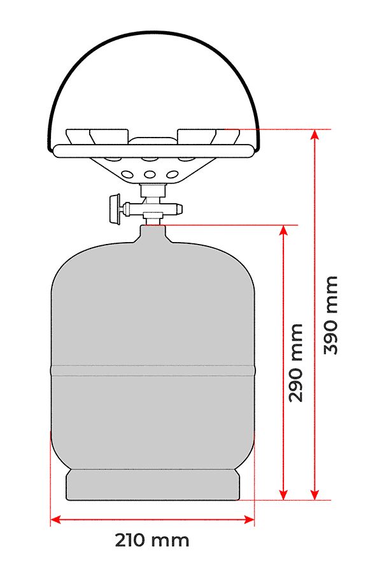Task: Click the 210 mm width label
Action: pyautogui.click(x=152, y=541)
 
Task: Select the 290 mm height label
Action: pyautogui.click(x=296, y=362)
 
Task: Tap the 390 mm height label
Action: pyautogui.click(x=330, y=315)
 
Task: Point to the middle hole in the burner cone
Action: pyautogui.click(x=151, y=174)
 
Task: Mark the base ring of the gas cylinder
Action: pyautogui.click(x=153, y=485)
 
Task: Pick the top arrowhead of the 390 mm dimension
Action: pyautogui.click(x=314, y=134)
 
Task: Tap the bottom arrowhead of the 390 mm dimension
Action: pyautogui.click(x=314, y=495)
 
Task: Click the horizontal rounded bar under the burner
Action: pyautogui.click(x=153, y=151)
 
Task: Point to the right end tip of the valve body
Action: pyautogui.click(x=182, y=208)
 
